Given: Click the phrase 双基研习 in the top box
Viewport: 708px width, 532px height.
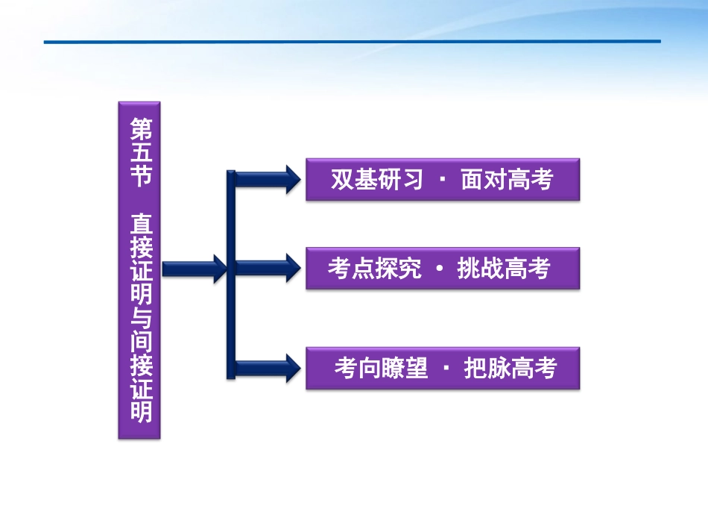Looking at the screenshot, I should coord(377,180).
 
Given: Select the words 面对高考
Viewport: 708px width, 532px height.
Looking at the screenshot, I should coord(507,180).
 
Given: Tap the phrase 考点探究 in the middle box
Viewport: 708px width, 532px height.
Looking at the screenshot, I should coord(375,269).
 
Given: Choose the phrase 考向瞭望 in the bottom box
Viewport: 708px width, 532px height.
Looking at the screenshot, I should coord(381,368).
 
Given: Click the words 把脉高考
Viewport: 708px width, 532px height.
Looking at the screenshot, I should coord(511,368).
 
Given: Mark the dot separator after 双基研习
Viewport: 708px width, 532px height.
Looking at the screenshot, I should coord(443,181).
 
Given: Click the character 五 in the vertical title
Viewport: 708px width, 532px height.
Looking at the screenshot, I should coord(140,154).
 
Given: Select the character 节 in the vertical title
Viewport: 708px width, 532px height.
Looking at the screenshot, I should coord(140,178).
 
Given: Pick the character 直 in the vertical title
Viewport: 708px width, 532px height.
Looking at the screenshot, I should coord(140,224).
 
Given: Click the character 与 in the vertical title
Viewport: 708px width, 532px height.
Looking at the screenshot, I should coord(140,319).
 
